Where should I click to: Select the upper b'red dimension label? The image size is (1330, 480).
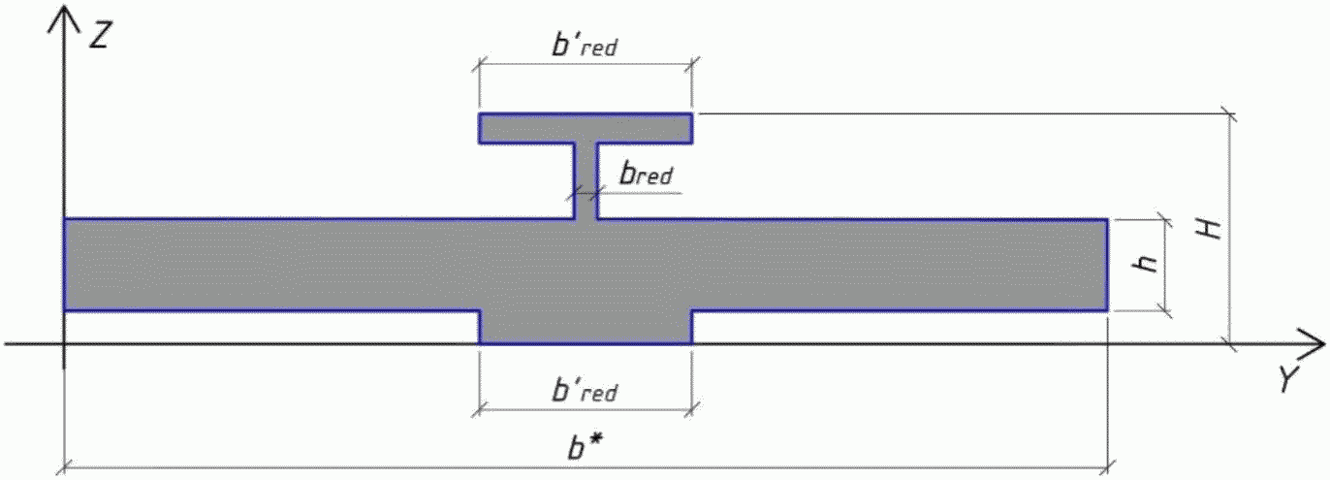tap(584, 46)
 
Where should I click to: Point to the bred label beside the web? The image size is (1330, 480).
tap(646, 176)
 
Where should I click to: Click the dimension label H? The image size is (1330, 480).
tap(1207, 230)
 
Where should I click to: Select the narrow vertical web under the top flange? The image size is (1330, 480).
tap(586, 179)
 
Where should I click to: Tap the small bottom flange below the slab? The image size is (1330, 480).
tap(585, 328)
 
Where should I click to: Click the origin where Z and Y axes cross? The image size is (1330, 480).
tap(64, 343)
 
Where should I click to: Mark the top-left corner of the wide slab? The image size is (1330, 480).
tap(65, 219)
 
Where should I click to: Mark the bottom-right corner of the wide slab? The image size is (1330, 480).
tap(1106, 310)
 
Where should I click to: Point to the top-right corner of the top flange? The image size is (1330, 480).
tap(691, 114)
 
